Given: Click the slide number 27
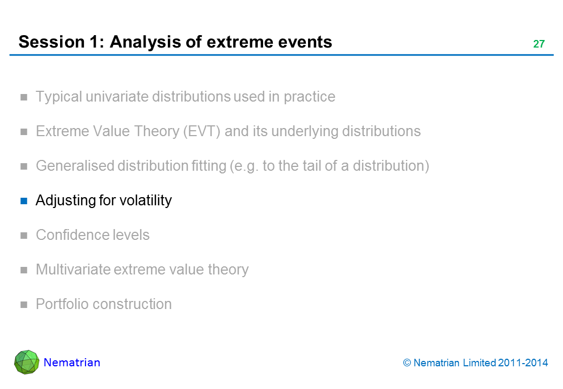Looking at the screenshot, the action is pos(539,44).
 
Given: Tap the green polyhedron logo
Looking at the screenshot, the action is pos(27,362).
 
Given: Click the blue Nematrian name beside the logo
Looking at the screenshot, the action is pos(72,363).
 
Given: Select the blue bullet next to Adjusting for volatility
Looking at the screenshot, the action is pos(24,201).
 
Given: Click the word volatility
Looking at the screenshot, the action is pos(146,200).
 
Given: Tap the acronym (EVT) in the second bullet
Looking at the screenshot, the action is pos(201,131).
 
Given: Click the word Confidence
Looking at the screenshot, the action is pos(72,235).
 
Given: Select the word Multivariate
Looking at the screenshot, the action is pos(73,270).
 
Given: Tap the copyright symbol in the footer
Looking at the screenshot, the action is pos(407,363).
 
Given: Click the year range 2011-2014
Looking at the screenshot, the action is pos(523,363).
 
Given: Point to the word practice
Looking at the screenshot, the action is pos(309,97).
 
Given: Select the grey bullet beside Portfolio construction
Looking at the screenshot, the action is pos(24,305).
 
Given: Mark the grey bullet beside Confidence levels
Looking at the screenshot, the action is pos(24,236).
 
